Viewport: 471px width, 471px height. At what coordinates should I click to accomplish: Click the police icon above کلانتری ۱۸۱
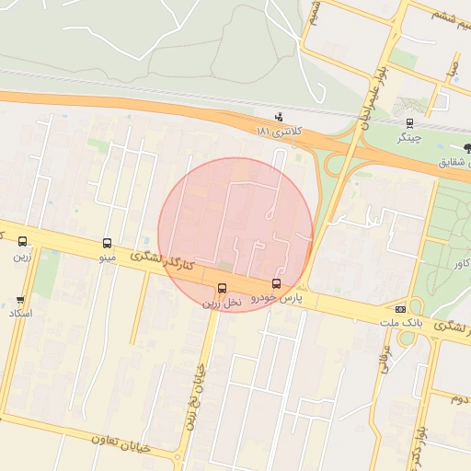pyautogui.click(x=279, y=118)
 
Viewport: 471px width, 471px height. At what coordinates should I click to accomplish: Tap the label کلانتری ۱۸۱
pyautogui.click(x=278, y=132)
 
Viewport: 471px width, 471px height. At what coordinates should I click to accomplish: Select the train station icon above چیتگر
pyautogui.click(x=409, y=123)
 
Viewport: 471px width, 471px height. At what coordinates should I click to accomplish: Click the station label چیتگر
pyautogui.click(x=408, y=138)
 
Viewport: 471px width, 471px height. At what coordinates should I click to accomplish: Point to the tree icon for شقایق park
pyautogui.click(x=467, y=147)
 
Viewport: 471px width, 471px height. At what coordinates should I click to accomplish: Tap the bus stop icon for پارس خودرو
pyautogui.click(x=276, y=283)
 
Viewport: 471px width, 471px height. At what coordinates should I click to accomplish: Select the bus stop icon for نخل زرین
pyautogui.click(x=222, y=288)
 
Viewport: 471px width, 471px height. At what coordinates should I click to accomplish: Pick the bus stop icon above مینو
pyautogui.click(x=108, y=244)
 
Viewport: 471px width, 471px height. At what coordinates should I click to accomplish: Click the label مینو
pyautogui.click(x=108, y=258)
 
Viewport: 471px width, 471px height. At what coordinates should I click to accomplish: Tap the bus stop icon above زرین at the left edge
pyautogui.click(x=23, y=243)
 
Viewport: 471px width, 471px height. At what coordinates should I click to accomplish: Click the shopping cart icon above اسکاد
pyautogui.click(x=20, y=300)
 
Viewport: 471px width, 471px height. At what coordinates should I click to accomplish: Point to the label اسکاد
pyautogui.click(x=19, y=314)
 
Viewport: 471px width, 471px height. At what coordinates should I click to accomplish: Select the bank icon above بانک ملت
pyautogui.click(x=400, y=309)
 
